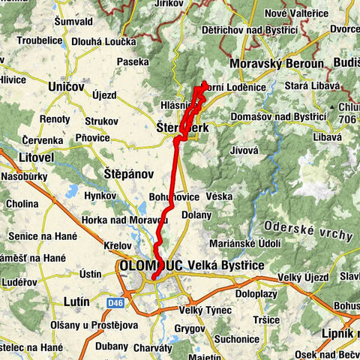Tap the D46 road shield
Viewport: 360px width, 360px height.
(113, 302)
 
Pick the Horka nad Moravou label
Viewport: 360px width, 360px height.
(126, 219)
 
